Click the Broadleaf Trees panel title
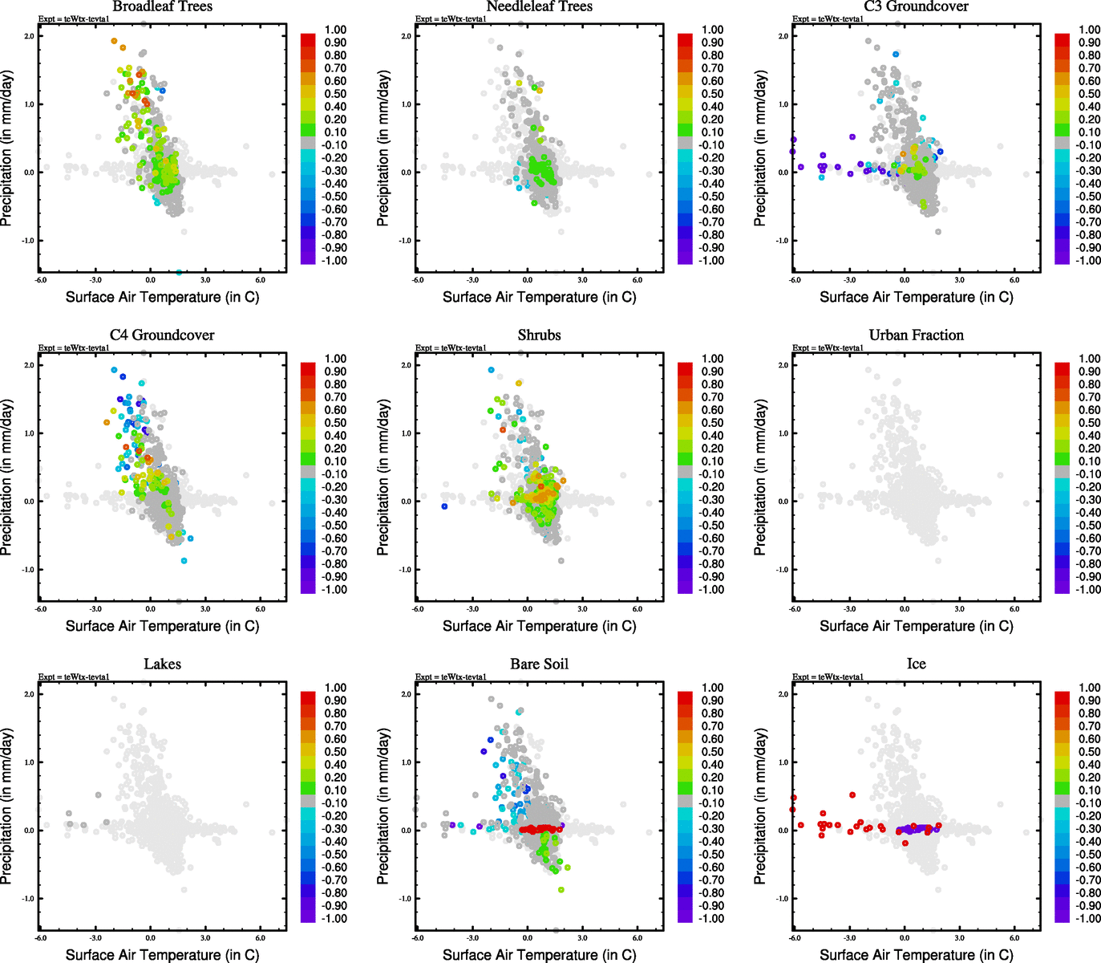tap(162, 6)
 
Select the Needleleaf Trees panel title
tap(539, 6)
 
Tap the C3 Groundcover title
tap(916, 6)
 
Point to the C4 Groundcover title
tap(162, 335)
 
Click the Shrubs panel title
tap(539, 335)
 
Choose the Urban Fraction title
tap(916, 335)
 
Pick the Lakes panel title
tap(162, 664)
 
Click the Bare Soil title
tap(539, 664)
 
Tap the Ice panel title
tap(916, 664)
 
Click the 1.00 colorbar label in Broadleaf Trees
tap(335, 30)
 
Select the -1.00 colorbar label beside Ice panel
tap(1087, 918)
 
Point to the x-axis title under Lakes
tap(162, 954)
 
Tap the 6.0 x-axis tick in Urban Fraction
tap(1014, 609)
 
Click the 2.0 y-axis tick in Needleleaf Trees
tap(406, 36)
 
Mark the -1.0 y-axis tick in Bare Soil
tap(405, 899)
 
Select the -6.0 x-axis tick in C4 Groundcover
tap(40, 609)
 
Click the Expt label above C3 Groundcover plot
tap(828, 18)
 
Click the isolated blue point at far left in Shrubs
tap(444, 506)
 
